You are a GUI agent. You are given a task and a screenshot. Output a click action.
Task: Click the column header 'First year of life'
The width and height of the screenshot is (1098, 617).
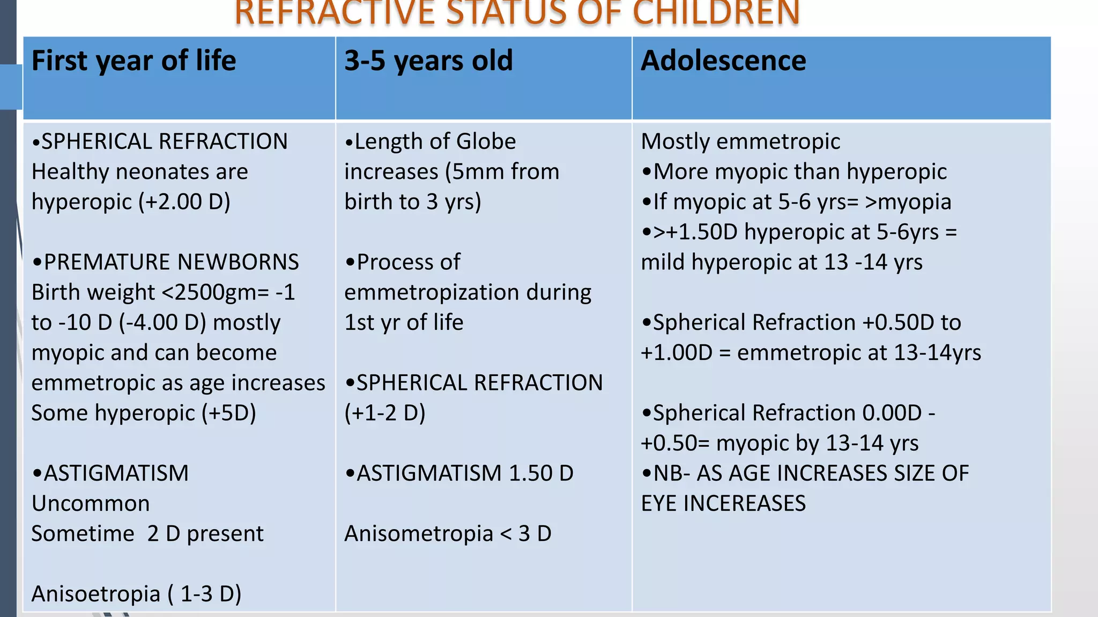[133, 61]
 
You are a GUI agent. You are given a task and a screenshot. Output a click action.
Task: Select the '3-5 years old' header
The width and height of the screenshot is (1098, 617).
[428, 61]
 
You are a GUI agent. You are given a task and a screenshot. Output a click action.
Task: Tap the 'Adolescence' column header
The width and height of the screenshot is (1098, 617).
[723, 61]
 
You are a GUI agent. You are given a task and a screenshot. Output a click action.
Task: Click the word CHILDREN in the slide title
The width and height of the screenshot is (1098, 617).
[716, 13]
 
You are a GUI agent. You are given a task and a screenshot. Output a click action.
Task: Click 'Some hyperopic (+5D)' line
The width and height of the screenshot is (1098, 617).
[144, 413]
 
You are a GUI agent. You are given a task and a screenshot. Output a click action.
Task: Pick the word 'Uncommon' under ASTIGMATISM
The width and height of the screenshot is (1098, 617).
[91, 503]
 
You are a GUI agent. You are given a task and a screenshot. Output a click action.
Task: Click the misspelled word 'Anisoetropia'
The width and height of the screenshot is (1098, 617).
[96, 594]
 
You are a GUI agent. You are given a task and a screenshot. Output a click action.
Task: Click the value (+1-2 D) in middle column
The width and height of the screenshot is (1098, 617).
[385, 413]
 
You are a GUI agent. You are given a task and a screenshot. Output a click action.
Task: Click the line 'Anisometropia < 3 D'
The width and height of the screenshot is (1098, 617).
[448, 533]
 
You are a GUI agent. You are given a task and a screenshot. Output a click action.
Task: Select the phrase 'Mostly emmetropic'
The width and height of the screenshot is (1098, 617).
[740, 142]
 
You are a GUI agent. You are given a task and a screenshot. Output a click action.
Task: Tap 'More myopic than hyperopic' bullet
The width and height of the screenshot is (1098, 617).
[800, 172]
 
